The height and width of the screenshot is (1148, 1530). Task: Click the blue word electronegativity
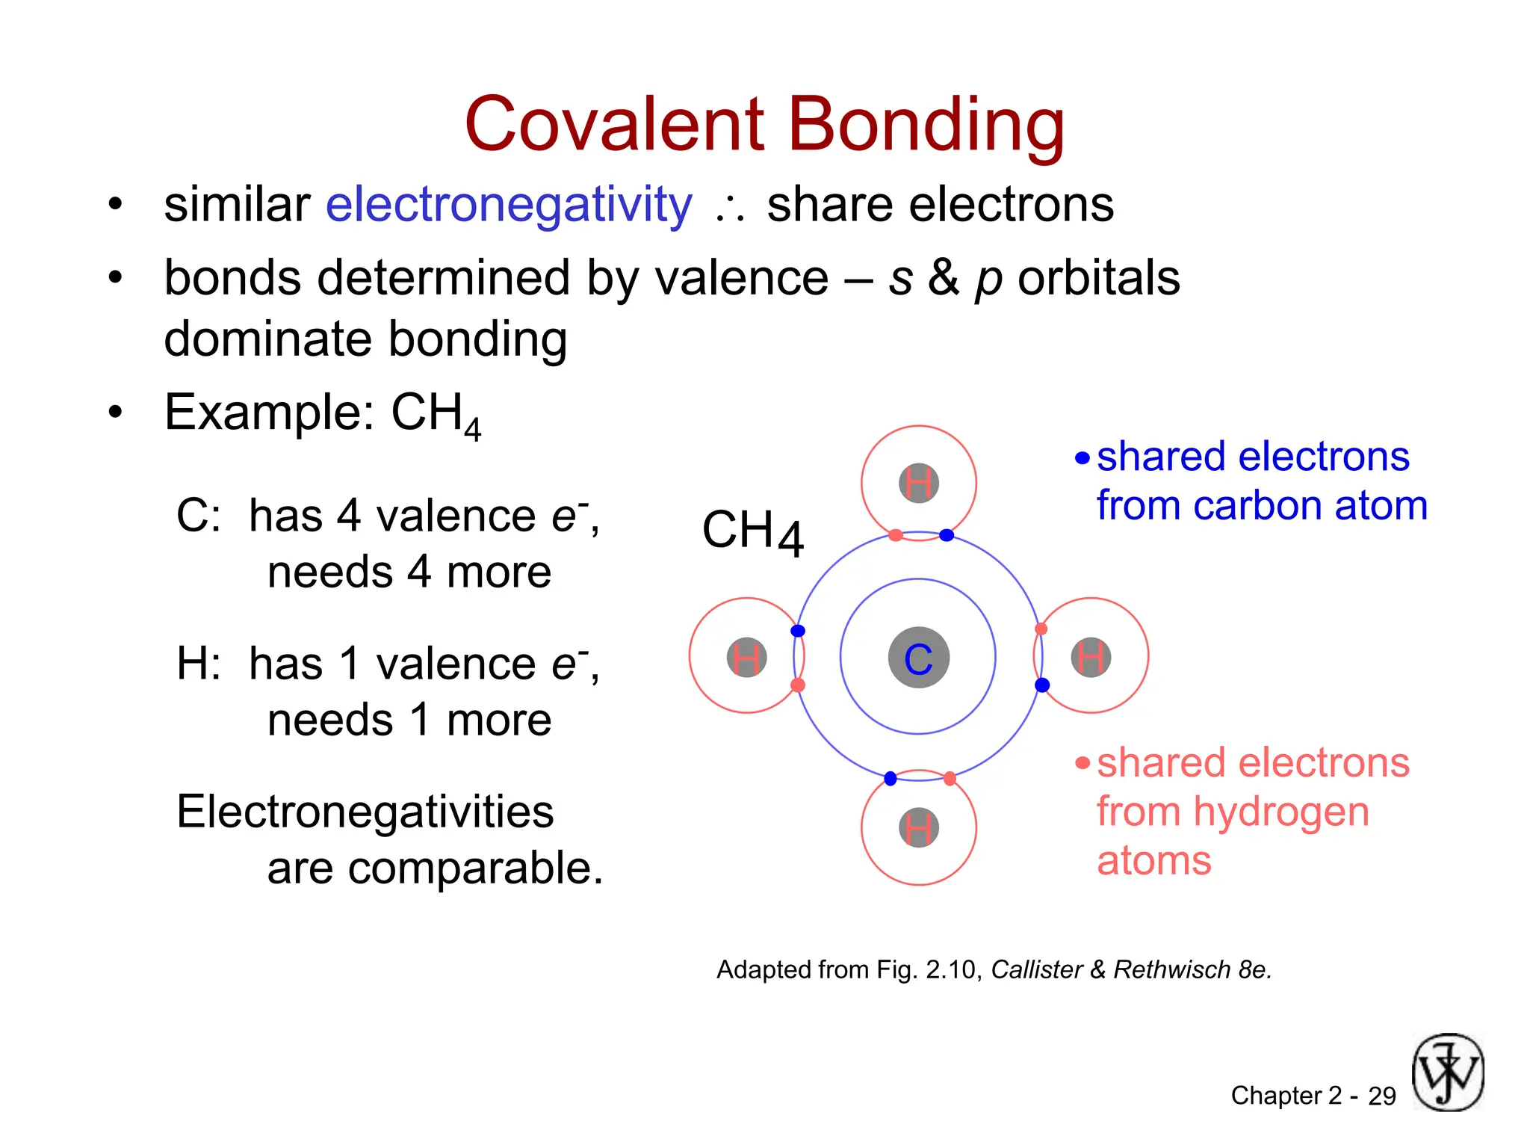509,205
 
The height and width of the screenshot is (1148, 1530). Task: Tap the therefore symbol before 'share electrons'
729,209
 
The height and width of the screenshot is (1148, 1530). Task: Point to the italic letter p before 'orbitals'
988,280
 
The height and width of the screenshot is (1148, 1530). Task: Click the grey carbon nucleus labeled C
918,658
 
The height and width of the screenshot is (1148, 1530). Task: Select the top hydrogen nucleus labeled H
918,483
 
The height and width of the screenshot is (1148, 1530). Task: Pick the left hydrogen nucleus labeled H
746,658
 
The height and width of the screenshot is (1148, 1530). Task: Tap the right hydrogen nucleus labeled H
1091,658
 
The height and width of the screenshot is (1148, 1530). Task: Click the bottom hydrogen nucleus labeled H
918,828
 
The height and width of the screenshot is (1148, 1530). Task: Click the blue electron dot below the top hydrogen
947,535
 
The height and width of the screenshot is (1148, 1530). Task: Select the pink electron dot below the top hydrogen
896,535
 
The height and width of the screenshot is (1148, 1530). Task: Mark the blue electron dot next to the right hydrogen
1042,685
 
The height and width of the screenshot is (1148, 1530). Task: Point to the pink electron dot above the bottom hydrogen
950,779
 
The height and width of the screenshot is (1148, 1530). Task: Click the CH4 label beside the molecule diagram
752,532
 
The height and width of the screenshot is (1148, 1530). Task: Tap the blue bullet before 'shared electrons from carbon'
1083,458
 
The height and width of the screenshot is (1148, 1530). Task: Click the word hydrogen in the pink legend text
1280,812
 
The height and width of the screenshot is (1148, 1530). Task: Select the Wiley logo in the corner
1447,1073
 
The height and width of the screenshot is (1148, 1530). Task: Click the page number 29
1381,1096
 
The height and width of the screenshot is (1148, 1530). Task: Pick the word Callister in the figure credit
1036,969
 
